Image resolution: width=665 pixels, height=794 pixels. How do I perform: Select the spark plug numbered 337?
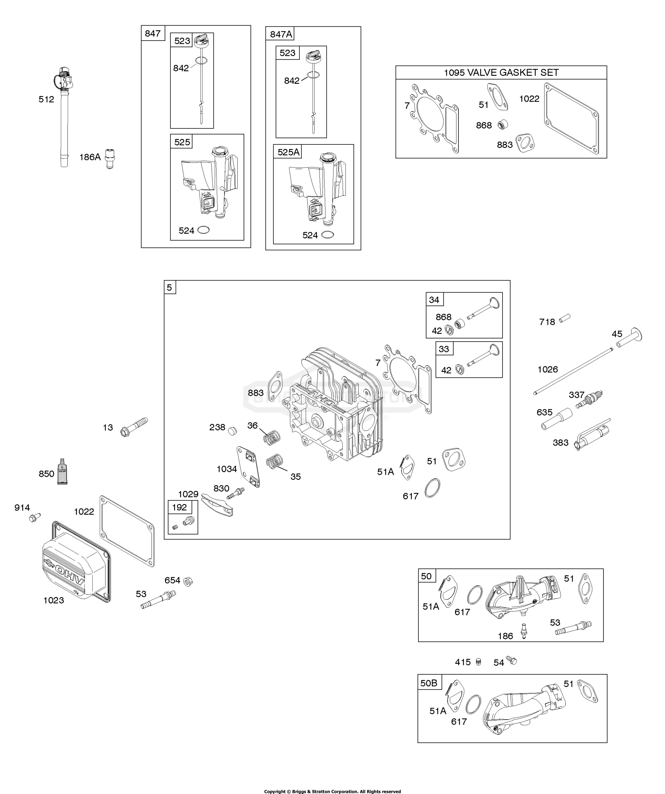tap(589, 400)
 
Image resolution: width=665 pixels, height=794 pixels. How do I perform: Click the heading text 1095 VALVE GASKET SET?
tap(501, 73)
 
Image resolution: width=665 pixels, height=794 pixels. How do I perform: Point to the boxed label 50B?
tap(429, 683)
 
